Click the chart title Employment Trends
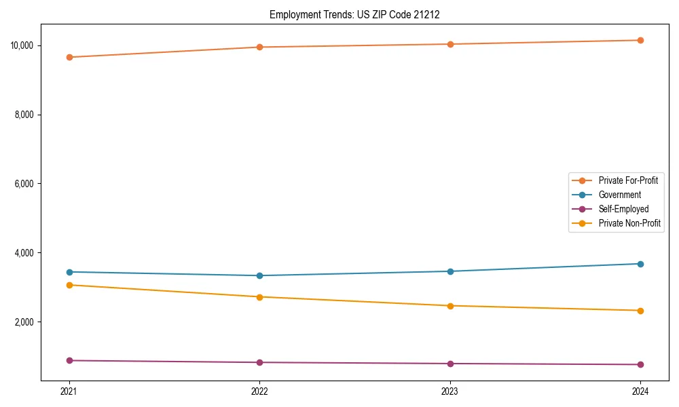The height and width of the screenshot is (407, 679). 354,14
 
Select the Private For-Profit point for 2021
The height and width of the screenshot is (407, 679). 69,57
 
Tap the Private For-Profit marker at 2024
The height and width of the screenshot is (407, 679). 640,40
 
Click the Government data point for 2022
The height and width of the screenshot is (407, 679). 259,275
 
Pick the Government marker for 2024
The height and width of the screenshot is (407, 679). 640,264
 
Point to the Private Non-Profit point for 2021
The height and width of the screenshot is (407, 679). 69,285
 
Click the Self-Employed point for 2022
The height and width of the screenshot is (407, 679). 259,362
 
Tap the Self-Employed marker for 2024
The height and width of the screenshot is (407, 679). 640,364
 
